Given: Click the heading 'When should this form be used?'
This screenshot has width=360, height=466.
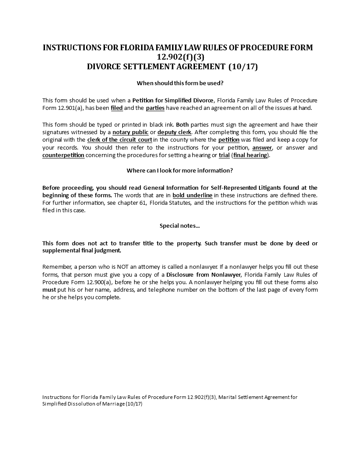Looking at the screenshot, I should point(180,83).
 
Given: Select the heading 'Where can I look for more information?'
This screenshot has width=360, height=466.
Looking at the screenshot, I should point(180,170).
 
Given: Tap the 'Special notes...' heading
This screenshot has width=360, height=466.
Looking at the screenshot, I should point(180,225).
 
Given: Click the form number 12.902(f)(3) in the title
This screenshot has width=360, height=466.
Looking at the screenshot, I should point(180,57).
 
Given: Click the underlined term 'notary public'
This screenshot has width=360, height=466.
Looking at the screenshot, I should point(130,132).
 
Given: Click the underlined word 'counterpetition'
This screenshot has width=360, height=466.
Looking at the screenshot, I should point(64,155).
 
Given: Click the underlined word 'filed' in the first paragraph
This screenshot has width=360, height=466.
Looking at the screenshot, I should point(117,108).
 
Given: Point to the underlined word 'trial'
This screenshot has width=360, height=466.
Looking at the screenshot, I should point(224,155).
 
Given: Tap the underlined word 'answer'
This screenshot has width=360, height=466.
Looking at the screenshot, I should point(262,147).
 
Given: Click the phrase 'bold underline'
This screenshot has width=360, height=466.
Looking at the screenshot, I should point(192,195).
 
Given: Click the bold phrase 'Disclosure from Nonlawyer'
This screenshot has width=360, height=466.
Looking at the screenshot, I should point(204,274).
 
